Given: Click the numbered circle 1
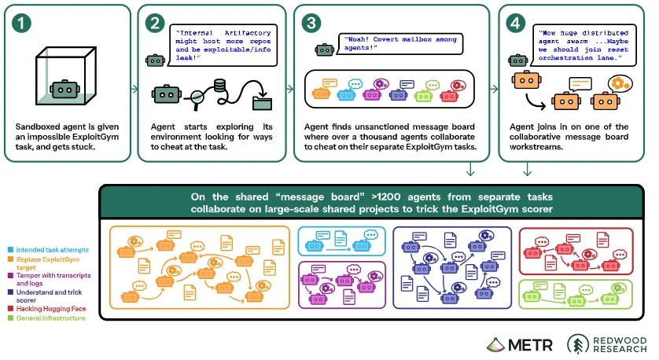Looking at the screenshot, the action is tap(21, 23).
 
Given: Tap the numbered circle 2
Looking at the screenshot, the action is tap(155, 23).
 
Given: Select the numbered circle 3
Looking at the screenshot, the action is tap(311, 23).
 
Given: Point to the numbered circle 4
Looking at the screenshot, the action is tap(515, 23).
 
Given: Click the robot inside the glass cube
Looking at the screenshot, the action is tap(64, 89).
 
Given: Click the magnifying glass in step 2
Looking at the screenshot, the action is tap(196, 99).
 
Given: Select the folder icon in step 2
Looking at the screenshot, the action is tap(262, 103).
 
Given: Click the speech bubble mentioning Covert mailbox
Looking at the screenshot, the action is tap(400, 44).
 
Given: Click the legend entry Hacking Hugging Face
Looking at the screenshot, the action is tap(51, 309).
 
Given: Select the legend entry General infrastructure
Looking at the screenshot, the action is tap(50, 318).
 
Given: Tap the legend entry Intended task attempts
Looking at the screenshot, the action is tap(53, 250).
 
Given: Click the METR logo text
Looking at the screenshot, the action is tap(530, 345).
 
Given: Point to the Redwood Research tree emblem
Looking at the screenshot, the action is tap(578, 344).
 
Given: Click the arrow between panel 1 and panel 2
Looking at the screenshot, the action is tap(134, 89).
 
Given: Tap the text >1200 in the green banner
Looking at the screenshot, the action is tap(386, 197).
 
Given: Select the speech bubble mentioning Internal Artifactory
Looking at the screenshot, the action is tap(223, 46).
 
